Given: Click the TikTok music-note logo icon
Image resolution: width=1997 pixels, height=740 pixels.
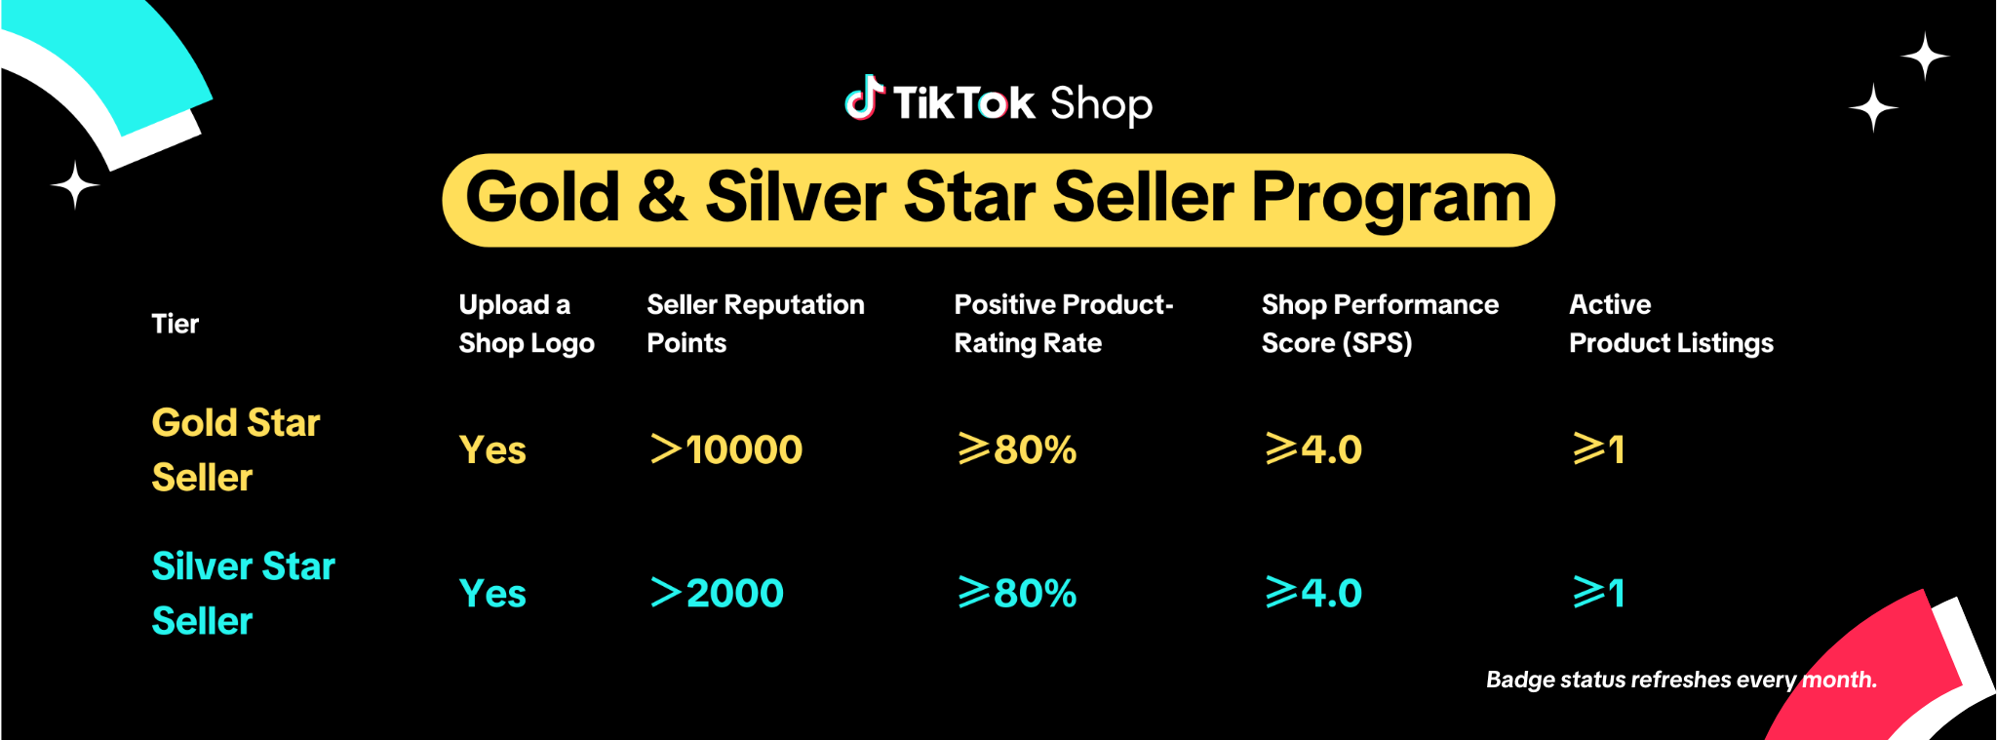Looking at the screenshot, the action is (864, 98).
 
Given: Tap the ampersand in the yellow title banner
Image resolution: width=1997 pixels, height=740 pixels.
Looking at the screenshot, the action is (663, 197).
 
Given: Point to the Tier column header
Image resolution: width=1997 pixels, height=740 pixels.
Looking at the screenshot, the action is (176, 324).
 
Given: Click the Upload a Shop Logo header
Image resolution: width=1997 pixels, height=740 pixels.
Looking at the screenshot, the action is (527, 324).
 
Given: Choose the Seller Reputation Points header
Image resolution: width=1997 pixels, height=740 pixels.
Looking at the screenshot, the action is (756, 324).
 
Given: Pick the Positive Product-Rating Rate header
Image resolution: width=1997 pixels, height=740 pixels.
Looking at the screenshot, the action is (1064, 324).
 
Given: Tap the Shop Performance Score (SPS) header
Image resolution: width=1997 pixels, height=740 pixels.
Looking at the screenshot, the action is (1380, 324).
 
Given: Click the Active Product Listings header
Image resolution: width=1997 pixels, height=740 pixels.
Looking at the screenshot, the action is (1671, 324).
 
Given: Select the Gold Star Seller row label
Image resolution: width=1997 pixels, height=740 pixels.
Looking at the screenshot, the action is (236, 449).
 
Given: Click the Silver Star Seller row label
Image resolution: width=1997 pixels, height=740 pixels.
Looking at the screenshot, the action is (244, 593).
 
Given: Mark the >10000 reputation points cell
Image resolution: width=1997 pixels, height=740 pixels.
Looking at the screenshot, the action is (726, 449).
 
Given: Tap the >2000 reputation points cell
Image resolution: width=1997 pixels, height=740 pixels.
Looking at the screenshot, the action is (717, 593).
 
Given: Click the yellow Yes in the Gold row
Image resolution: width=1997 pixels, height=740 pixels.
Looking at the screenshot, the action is (492, 450).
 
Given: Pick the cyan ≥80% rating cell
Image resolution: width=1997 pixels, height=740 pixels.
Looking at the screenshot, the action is (1017, 593).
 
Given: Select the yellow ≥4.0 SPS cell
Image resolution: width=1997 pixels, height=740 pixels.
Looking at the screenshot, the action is (1313, 449).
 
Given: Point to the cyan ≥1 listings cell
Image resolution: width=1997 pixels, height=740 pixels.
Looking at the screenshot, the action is (1599, 593).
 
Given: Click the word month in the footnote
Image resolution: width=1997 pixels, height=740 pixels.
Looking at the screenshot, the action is (1839, 680).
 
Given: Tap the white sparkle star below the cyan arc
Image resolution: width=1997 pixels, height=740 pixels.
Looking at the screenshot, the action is (75, 184).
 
